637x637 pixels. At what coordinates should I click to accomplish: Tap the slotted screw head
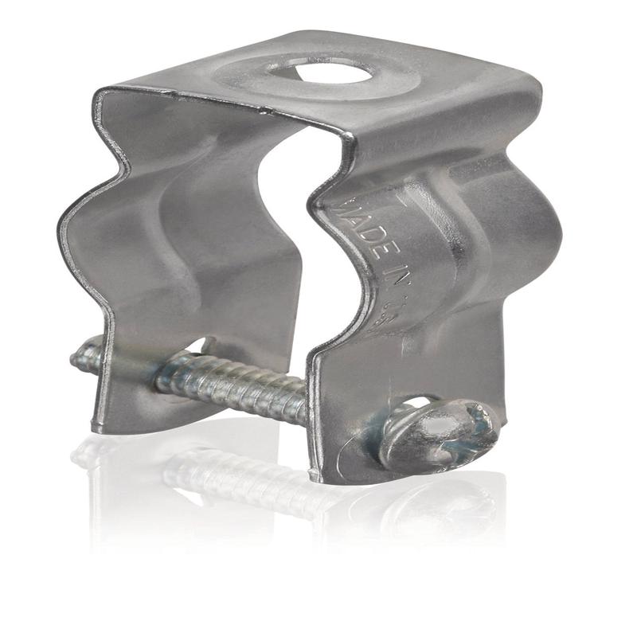point(438,434)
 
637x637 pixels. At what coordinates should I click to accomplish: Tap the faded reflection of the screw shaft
point(239,478)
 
